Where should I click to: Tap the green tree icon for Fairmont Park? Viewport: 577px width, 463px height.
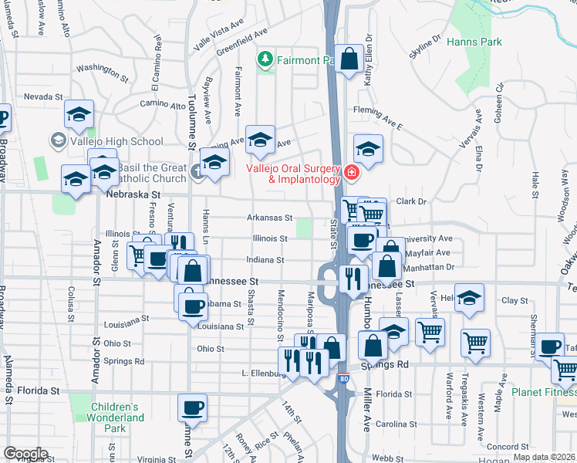(x=265, y=59)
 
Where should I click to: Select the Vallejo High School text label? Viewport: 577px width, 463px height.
(x=114, y=141)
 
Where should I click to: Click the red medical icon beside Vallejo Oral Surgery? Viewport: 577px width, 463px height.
(x=352, y=173)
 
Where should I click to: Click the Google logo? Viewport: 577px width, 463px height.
(x=25, y=453)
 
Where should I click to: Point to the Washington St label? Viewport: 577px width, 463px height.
(x=102, y=73)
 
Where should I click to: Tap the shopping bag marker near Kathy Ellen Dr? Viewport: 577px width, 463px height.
(x=349, y=58)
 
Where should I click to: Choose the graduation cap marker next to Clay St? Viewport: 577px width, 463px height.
(x=469, y=297)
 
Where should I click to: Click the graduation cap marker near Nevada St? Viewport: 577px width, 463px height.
(x=79, y=113)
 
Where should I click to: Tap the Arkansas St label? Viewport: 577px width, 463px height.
(x=269, y=218)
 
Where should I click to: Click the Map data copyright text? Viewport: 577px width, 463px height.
(x=544, y=457)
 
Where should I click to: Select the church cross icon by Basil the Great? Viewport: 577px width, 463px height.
(x=197, y=171)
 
